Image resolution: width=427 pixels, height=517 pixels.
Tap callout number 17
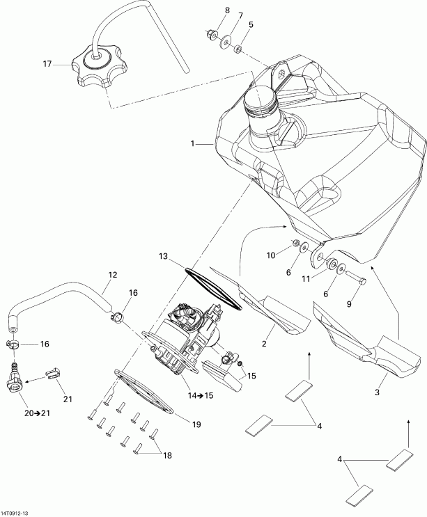47,65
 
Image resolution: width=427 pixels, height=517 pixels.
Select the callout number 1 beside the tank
191,144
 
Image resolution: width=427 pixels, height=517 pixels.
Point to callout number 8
251,25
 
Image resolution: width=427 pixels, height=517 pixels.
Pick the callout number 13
163,257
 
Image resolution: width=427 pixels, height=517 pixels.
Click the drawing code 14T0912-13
19,512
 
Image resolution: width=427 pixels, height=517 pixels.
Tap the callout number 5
251,25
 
